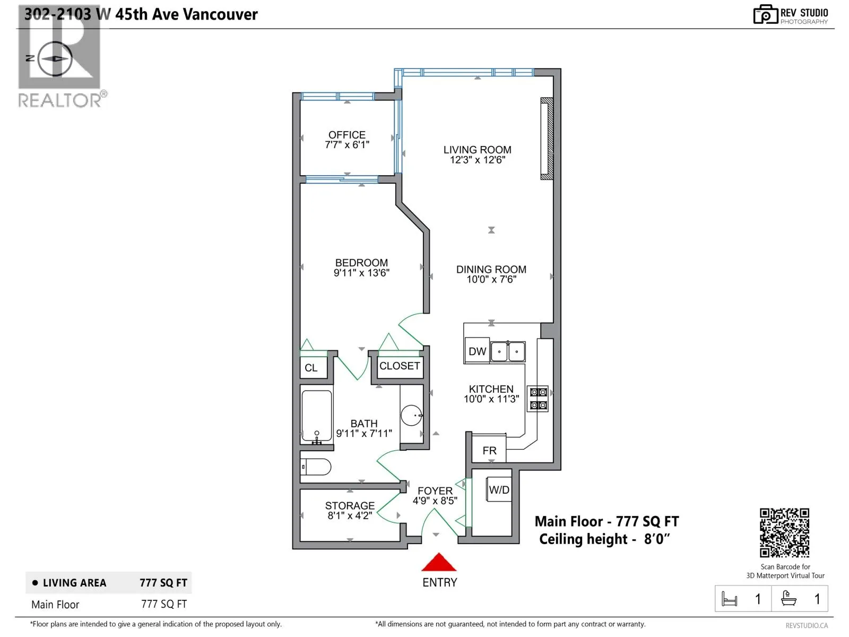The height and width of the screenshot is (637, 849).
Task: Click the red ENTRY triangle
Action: pos(439,562)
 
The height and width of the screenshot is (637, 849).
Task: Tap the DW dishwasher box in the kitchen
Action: pos(477,351)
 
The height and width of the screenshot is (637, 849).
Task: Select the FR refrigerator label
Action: pos(489,451)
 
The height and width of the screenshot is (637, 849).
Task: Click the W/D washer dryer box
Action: pos(499,489)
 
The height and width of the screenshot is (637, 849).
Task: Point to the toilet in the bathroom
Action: pos(316,467)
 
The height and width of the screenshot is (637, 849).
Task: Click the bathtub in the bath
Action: pos(316,416)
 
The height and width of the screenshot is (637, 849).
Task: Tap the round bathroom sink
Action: pos(412,416)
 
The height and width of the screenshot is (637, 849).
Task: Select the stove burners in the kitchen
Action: pos(538,398)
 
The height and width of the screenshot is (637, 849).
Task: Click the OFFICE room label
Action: pos(347,135)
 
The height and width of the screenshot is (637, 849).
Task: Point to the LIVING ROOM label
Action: pos(477,150)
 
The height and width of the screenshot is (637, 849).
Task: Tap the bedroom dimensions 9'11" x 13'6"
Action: pos(361,273)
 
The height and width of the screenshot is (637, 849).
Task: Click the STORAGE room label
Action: pos(350,505)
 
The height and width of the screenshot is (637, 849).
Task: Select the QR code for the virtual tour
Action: pos(784,532)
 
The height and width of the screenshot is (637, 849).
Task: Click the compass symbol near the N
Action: pos(56,59)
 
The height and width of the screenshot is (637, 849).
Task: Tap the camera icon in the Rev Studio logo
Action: pos(766,15)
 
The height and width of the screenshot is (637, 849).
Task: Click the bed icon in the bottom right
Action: pos(729,599)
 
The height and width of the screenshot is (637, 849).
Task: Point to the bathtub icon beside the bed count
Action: pos(789,598)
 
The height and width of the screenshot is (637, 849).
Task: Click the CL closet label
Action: pos(311,368)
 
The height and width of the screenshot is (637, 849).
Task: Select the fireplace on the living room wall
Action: pos(547,139)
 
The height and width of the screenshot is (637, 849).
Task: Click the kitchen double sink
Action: pos(508,351)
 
